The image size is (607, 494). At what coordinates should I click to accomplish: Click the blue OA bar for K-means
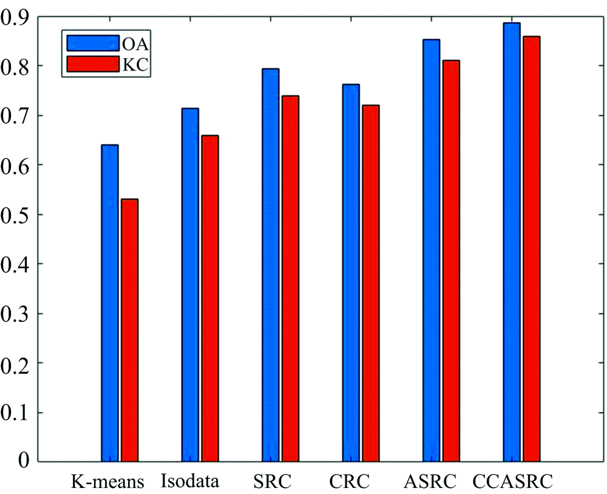[110, 303]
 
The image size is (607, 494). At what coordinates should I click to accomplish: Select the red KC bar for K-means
[130, 330]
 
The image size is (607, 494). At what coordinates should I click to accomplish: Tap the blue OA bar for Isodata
[190, 285]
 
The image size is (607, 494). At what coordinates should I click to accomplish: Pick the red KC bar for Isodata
[210, 298]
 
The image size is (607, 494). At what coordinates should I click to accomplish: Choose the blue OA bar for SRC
[271, 265]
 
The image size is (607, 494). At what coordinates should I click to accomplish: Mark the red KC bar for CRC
[371, 283]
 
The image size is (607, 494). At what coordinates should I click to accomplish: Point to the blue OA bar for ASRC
[431, 250]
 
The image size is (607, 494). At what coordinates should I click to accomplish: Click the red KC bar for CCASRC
[532, 249]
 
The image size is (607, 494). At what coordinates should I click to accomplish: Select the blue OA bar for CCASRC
[512, 242]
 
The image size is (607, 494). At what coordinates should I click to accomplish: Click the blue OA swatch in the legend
[93, 43]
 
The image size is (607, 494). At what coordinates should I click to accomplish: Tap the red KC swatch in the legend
[93, 64]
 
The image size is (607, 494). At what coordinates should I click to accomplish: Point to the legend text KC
[135, 65]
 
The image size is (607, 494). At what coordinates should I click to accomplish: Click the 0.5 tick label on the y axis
[15, 214]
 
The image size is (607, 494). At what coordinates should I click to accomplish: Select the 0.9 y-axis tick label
[15, 17]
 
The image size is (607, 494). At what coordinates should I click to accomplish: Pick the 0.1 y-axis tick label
[15, 413]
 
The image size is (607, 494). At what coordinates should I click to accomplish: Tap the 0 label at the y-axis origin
[23, 461]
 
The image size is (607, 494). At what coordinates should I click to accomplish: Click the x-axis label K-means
[107, 482]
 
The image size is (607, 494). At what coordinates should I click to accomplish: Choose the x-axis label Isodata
[189, 481]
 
